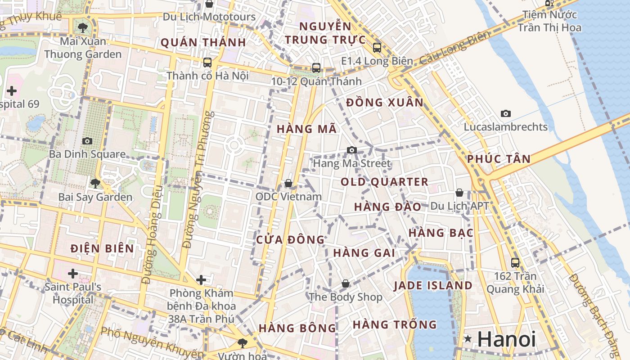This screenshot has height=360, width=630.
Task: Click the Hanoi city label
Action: click(507, 339)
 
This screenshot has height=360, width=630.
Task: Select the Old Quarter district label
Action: click(384, 182)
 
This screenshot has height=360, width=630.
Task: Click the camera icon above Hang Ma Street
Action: click(352, 150)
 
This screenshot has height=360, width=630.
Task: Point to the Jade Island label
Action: click(433, 285)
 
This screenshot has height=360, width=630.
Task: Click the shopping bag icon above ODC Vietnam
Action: click(288, 183)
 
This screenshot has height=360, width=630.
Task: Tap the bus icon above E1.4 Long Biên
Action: click(377, 47)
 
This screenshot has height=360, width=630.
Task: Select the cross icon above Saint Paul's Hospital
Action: click(73, 273)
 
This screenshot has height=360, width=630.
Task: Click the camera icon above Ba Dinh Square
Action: click(87, 141)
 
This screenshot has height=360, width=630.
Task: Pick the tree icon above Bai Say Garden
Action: click(95, 183)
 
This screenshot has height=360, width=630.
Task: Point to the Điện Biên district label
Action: click(102, 248)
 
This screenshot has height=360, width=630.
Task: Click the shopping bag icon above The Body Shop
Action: click(345, 283)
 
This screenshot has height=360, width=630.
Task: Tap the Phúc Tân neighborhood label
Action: click(499, 158)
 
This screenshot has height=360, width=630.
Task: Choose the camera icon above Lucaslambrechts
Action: click(506, 113)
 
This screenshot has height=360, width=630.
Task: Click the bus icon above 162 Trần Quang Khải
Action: click(515, 262)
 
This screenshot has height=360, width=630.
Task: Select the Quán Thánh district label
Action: click(203, 42)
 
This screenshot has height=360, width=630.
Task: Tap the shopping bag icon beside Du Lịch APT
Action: click(459, 193)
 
